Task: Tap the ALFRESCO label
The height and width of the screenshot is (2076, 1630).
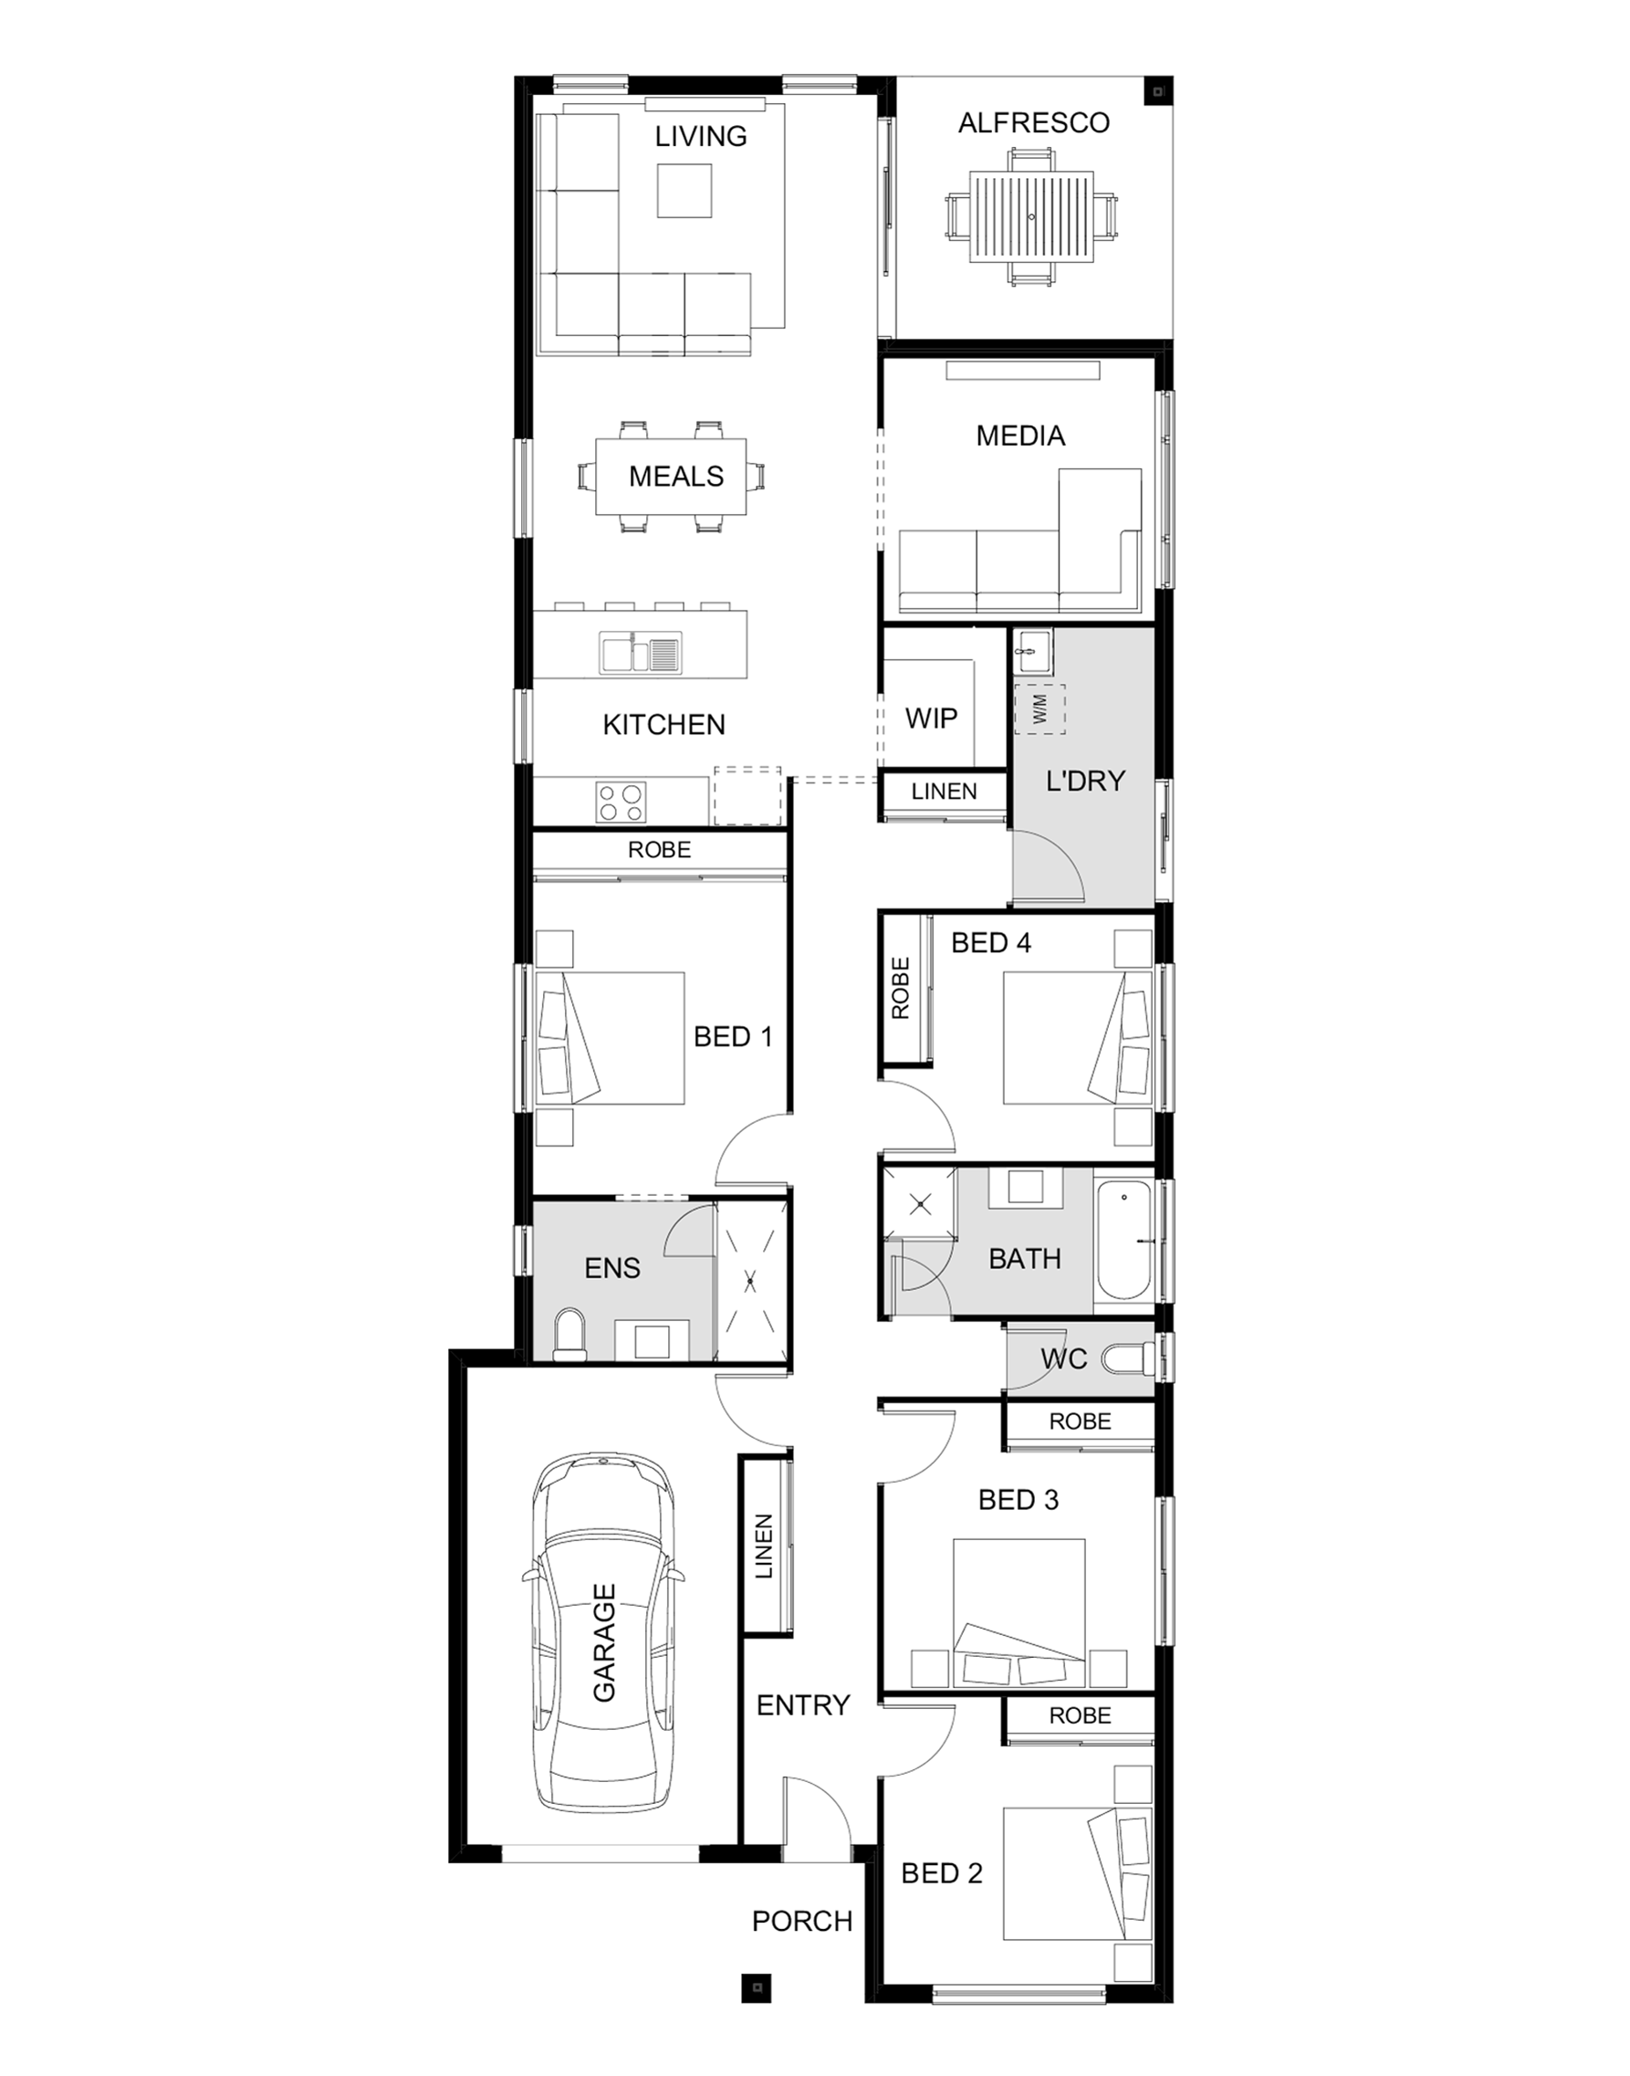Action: click(1033, 122)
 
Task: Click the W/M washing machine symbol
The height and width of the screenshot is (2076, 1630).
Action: click(1040, 708)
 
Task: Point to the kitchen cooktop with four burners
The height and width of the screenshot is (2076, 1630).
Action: click(621, 802)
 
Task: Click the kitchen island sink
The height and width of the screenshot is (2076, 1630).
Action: click(640, 653)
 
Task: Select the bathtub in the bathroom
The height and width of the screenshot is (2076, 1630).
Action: click(1123, 1241)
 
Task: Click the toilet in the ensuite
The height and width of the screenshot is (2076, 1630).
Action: click(570, 1333)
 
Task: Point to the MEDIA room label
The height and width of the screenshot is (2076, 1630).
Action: click(1020, 436)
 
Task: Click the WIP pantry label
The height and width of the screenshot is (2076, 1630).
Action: click(931, 718)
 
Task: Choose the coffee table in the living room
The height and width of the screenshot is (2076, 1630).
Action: click(684, 190)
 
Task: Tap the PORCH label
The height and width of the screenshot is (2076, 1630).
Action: click(801, 1922)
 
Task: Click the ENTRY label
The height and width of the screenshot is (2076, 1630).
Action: click(802, 1704)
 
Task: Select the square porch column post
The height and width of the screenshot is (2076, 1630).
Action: click(757, 1988)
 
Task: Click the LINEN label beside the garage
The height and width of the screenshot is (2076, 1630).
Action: click(764, 1547)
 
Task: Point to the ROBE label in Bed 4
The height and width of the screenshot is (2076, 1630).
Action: click(900, 989)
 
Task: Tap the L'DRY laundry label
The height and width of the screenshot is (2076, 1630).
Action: click(1085, 781)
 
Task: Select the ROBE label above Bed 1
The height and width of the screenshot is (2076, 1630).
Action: click(660, 850)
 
